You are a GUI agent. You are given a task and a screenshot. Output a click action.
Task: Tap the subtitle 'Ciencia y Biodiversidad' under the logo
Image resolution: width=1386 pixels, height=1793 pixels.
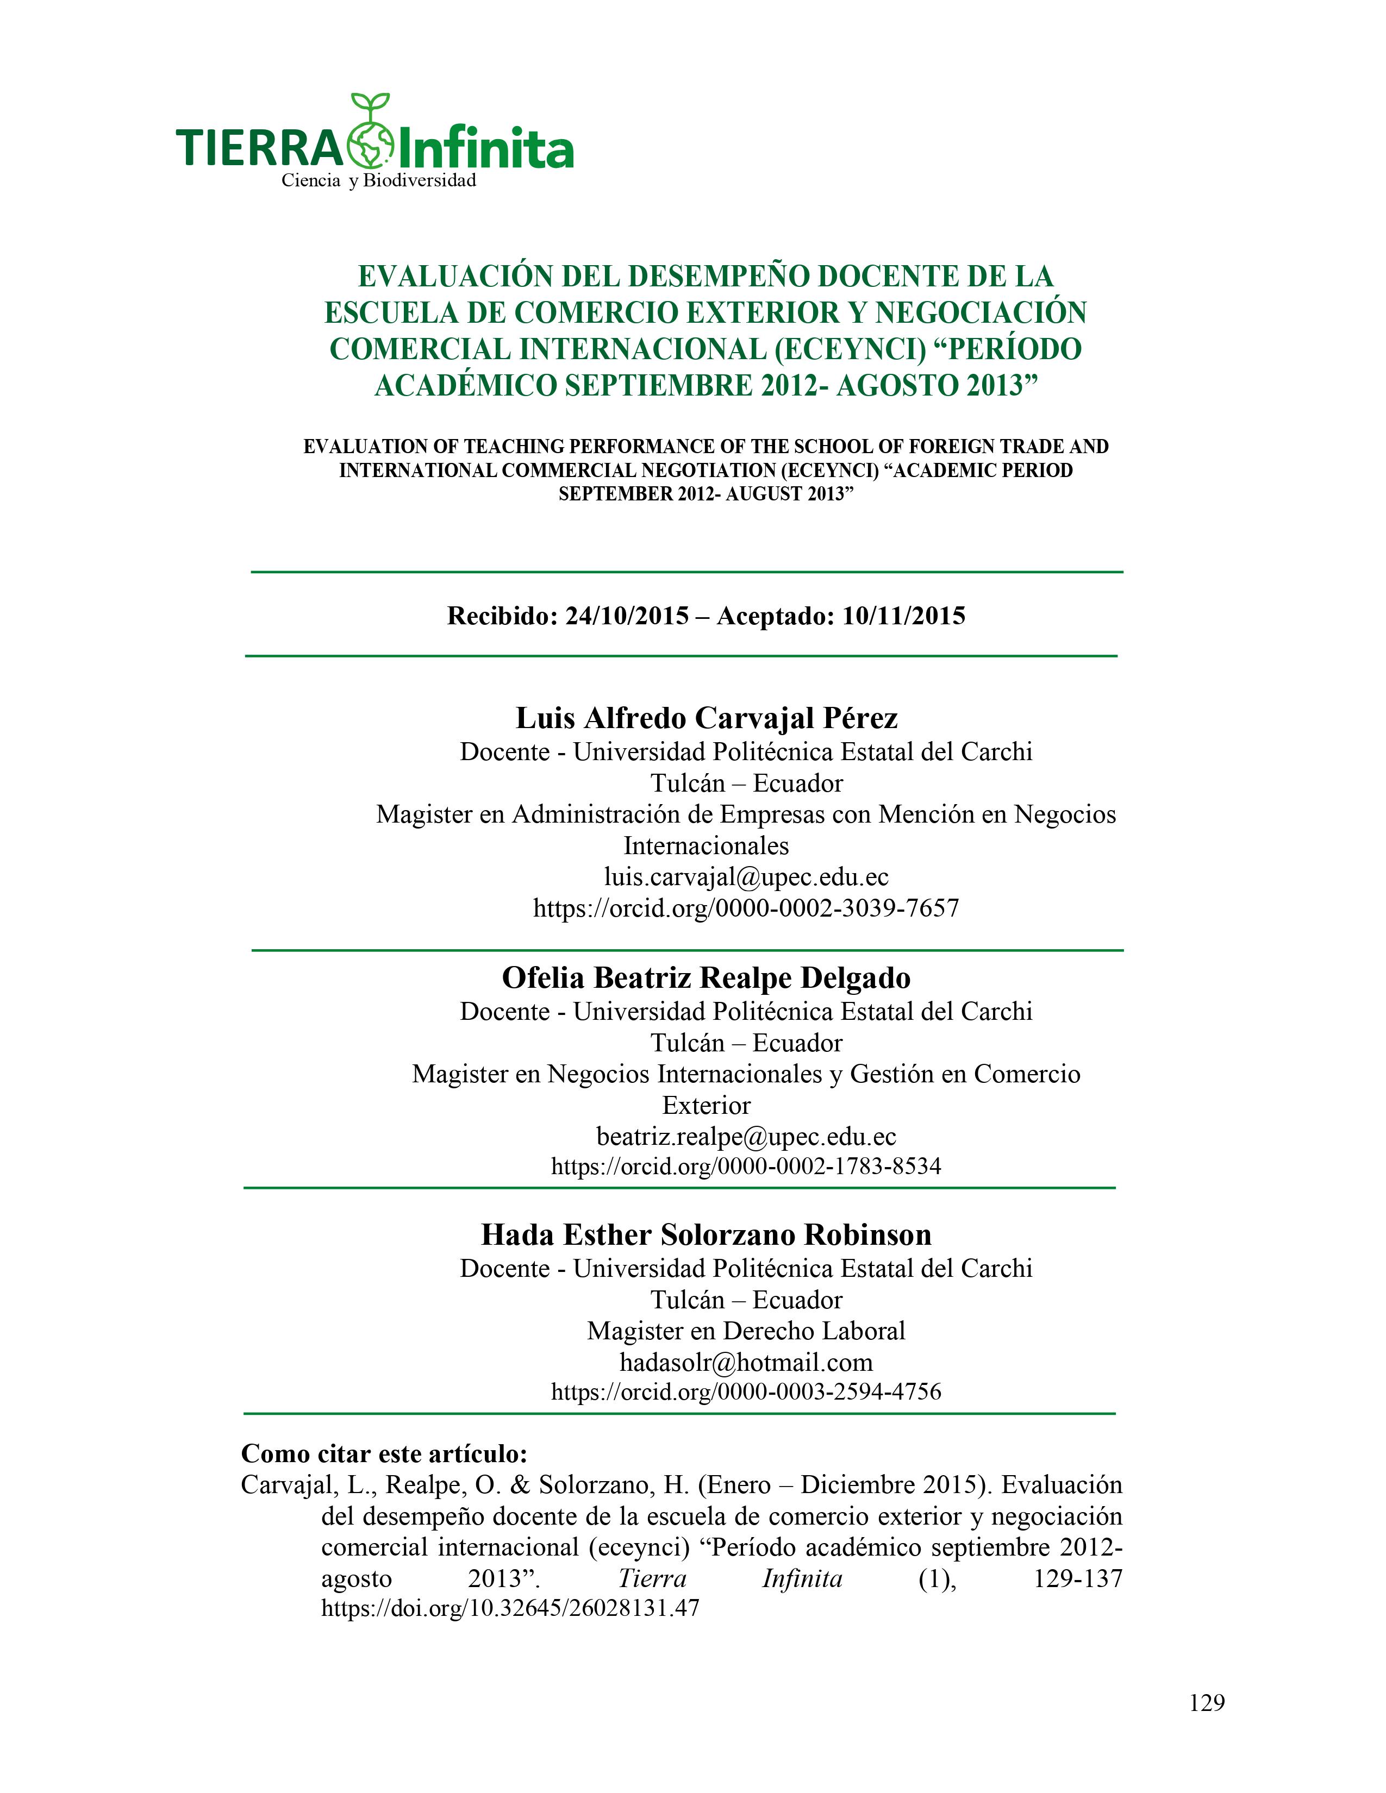pyautogui.click(x=378, y=180)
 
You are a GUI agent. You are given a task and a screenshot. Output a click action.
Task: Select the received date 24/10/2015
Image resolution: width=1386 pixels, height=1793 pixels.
pyautogui.click(x=627, y=616)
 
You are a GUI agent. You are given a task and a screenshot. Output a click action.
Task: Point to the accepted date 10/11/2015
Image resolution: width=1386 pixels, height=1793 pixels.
pyautogui.click(x=903, y=616)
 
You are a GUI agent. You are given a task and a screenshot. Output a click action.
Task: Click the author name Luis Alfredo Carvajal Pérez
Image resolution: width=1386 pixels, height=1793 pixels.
pyautogui.click(x=706, y=718)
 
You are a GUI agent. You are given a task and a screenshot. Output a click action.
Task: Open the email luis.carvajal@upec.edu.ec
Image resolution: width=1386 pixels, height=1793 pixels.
pyautogui.click(x=746, y=877)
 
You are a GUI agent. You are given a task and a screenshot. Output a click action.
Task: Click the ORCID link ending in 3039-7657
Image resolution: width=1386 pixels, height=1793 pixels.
pyautogui.click(x=746, y=908)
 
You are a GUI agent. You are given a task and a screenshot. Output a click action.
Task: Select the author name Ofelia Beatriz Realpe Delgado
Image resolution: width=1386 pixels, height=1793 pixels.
pyautogui.click(x=706, y=978)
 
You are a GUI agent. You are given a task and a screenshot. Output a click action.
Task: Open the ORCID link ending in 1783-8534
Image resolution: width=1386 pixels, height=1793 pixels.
pyautogui.click(x=746, y=1166)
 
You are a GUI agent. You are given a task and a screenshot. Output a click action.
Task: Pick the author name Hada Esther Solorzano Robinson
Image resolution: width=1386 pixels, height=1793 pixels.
pyautogui.click(x=706, y=1235)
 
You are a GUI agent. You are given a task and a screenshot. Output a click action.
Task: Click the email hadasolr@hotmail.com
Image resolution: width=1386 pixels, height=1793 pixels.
pyautogui.click(x=746, y=1362)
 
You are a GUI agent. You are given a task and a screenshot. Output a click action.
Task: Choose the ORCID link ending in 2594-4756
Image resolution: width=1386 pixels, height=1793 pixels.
pyautogui.click(x=746, y=1391)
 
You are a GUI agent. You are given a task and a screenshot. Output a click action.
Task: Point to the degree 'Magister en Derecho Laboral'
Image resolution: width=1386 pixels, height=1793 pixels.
pyautogui.click(x=746, y=1331)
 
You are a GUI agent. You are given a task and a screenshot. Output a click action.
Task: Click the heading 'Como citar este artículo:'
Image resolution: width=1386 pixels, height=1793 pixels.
pyautogui.click(x=383, y=1454)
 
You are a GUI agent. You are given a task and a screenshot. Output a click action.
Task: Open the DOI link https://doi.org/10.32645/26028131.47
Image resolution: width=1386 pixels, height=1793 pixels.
pyautogui.click(x=509, y=1608)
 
